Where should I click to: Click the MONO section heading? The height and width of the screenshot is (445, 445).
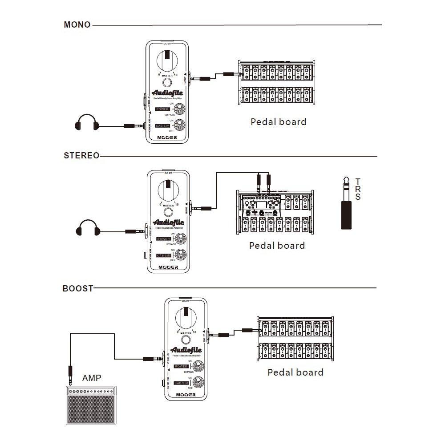[77, 25]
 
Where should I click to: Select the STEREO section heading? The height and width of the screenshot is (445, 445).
[81, 156]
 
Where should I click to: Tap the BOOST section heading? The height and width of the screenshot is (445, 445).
[78, 288]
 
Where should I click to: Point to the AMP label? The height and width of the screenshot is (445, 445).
[92, 378]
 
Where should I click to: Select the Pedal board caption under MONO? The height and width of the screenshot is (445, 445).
[278, 121]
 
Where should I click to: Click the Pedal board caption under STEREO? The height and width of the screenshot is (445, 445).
[277, 245]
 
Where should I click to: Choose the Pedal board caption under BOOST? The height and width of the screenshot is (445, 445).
[295, 372]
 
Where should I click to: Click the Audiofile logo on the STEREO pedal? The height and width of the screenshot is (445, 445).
[168, 222]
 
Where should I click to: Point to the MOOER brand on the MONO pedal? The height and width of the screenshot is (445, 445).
[167, 138]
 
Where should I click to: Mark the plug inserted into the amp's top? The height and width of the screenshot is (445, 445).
[70, 374]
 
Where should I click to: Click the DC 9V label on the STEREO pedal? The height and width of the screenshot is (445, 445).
[168, 173]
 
